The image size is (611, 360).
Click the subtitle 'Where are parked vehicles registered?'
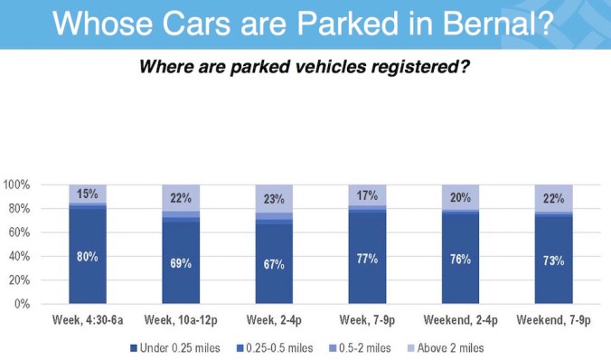tap(305, 68)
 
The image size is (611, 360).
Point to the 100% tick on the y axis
tap(17, 185)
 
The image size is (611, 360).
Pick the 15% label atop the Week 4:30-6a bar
tap(88, 194)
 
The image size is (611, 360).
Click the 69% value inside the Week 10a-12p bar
tap(181, 262)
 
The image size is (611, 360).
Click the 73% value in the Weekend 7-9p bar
tap(553, 261)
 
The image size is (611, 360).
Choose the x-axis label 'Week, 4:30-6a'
tap(88, 319)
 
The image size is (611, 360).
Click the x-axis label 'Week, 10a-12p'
tap(181, 319)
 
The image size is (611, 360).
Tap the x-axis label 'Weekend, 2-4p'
tap(460, 319)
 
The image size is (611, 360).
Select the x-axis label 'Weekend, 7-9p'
tap(553, 319)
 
